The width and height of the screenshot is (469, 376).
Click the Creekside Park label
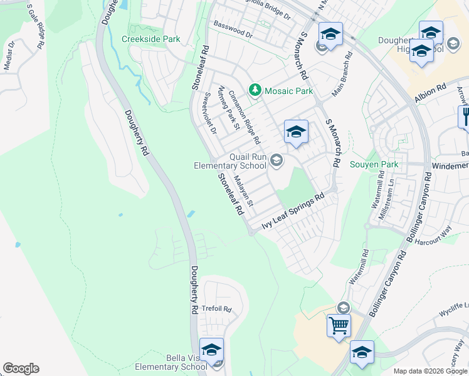click(150, 39)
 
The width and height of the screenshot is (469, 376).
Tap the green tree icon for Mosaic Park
click(255, 91)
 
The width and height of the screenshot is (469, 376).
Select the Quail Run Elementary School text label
click(229, 161)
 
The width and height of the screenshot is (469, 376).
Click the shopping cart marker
click(339, 326)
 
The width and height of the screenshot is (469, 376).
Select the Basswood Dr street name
click(233, 29)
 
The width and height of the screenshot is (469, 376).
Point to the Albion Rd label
click(429, 93)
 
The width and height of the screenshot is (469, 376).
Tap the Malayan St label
click(243, 191)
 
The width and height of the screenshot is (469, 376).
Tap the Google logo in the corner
click(21, 368)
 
